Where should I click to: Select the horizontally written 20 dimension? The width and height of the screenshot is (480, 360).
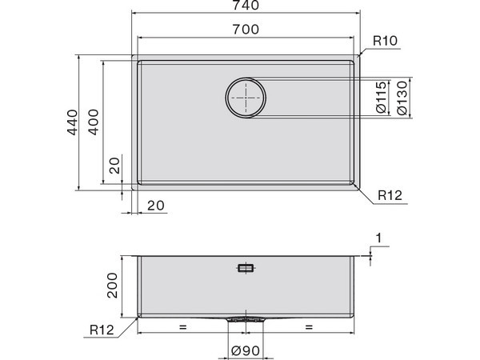coord(156,206)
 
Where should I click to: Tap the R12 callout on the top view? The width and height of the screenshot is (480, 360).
coord(390,194)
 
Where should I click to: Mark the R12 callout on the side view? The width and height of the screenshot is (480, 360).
coord(101,329)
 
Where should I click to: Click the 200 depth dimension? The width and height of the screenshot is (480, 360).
coord(113,285)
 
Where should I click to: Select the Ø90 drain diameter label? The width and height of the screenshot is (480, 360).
coord(245,350)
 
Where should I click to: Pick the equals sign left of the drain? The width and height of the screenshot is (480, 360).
coord(183,327)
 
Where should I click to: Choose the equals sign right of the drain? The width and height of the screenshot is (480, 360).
coord(308,327)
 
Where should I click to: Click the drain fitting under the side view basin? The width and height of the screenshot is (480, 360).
coord(246,318)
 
